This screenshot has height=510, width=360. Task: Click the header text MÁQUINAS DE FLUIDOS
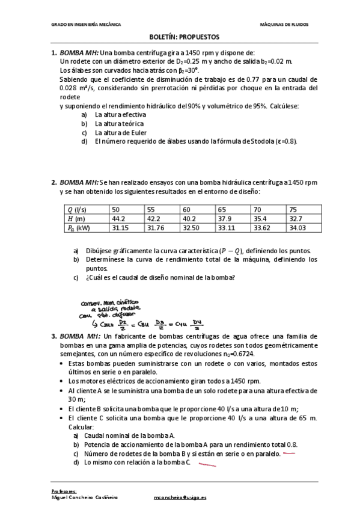(x=285, y=25)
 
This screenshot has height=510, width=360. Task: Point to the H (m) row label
(x=76, y=218)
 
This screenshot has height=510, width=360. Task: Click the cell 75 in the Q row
(x=293, y=209)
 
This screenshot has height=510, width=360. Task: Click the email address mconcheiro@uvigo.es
(x=180, y=498)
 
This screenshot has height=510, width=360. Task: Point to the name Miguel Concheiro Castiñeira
(x=85, y=498)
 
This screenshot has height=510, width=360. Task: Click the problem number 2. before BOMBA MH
(x=54, y=182)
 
